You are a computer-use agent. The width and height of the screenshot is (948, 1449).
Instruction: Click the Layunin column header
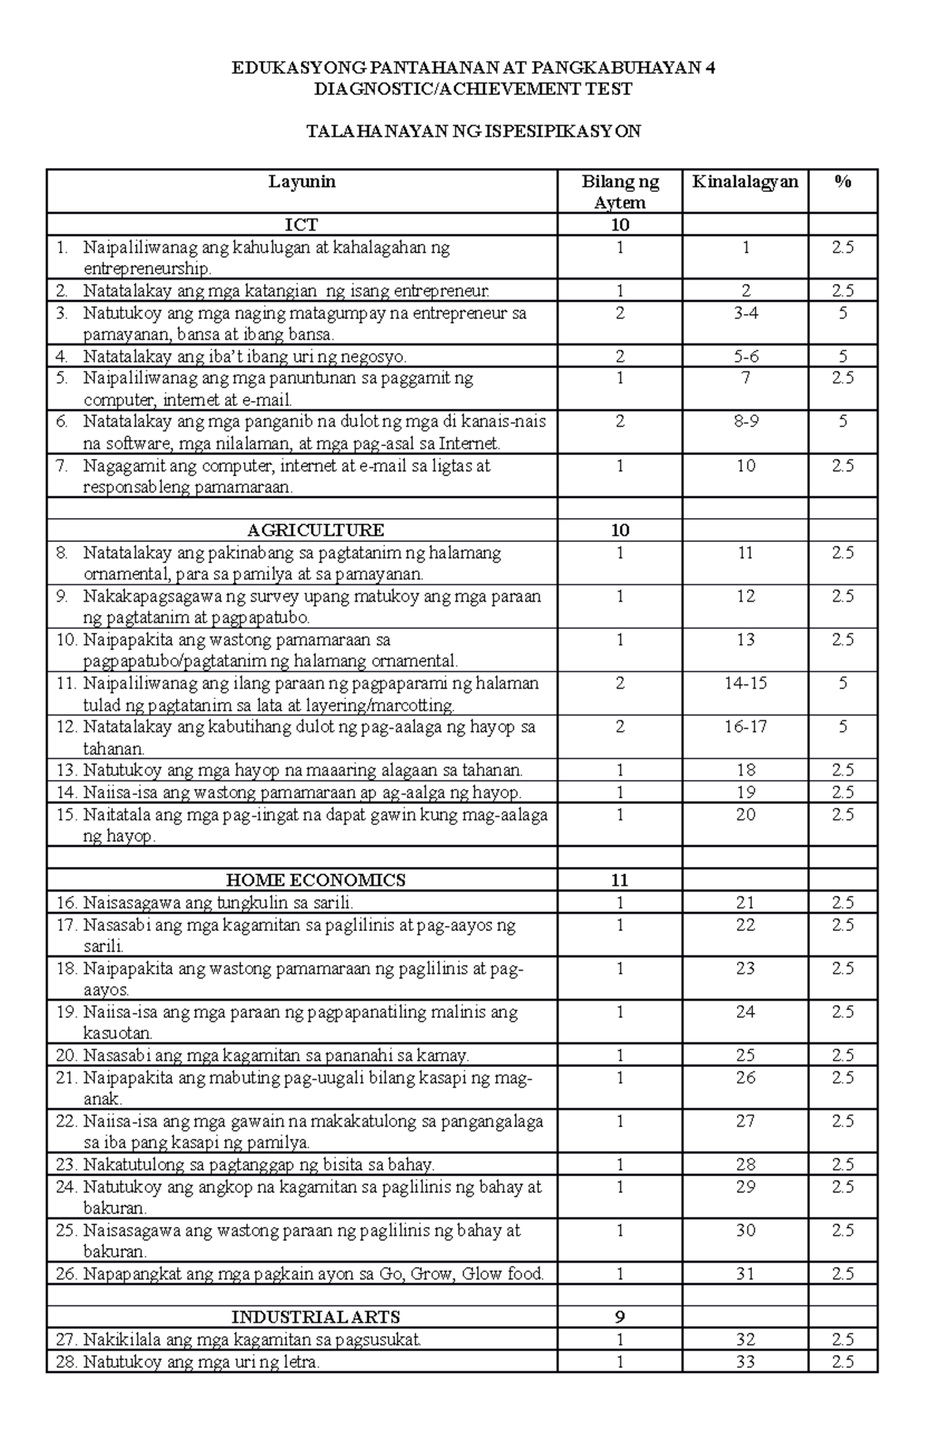pyautogui.click(x=302, y=182)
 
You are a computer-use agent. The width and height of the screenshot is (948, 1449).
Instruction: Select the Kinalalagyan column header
pyautogui.click(x=745, y=182)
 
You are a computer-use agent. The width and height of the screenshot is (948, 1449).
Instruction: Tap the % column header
pyautogui.click(x=842, y=182)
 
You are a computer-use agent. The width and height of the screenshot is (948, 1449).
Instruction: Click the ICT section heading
pyautogui.click(x=302, y=225)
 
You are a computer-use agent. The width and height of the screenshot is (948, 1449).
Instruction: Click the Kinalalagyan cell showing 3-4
pyautogui.click(x=745, y=313)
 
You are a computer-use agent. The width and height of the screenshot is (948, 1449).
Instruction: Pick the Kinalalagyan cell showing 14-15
pyautogui.click(x=745, y=683)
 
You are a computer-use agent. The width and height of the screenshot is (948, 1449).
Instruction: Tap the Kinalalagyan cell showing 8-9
pyautogui.click(x=745, y=422)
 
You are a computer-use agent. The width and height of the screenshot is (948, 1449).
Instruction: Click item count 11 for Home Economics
pyautogui.click(x=619, y=880)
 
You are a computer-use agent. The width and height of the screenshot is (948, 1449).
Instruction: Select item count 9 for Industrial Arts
pyautogui.click(x=619, y=1317)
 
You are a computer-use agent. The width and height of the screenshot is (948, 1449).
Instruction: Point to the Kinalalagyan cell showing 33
pyautogui.click(x=745, y=1361)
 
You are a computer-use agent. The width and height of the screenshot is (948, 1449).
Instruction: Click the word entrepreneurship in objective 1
pyautogui.click(x=148, y=269)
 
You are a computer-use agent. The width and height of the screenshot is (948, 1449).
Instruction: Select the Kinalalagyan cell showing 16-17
pyautogui.click(x=745, y=726)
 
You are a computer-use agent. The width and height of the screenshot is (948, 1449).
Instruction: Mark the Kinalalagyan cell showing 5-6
pyautogui.click(x=745, y=356)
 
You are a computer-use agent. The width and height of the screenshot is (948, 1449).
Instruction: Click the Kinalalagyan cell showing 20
pyautogui.click(x=745, y=814)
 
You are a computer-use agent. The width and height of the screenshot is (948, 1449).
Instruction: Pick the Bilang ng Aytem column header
pyautogui.click(x=619, y=192)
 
